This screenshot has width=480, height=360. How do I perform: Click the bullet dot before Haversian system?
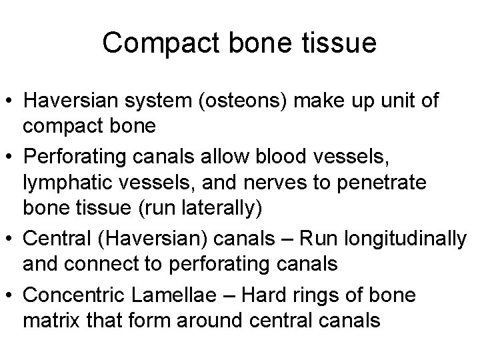pos(10,101)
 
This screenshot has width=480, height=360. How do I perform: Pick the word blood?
pos(313,157)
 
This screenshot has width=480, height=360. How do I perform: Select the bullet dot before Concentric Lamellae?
pos(10,294)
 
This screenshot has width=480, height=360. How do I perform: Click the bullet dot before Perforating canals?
pos(10,157)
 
